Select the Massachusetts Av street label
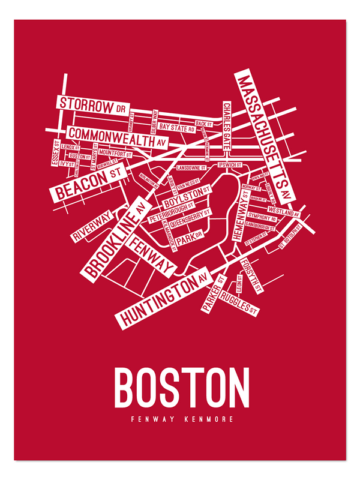tap(263, 136)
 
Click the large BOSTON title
tap(182, 388)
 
